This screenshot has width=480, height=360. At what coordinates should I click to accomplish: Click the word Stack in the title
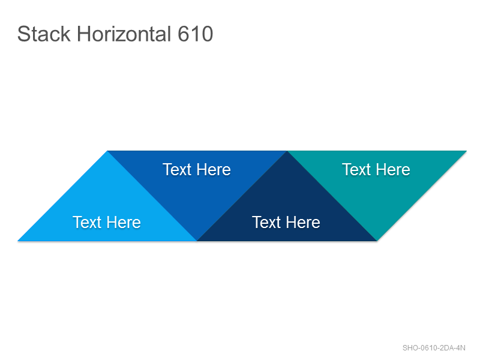pos(44,34)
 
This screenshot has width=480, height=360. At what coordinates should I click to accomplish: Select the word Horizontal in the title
pos(124,34)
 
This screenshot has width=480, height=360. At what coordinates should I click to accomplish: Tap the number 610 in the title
pos(196,34)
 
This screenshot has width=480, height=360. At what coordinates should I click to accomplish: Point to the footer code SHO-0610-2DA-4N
pos(434,348)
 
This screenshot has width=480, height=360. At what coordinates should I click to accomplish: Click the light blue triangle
pos(107,211)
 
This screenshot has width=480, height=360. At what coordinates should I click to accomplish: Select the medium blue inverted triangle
pos(197,181)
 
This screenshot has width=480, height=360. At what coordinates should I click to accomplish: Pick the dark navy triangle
pos(287,211)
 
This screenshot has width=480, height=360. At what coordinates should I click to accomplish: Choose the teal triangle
pos(377,181)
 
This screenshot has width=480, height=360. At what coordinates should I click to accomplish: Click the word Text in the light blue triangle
pos(87,222)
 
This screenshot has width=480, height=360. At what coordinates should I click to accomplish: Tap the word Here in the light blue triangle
pos(124,222)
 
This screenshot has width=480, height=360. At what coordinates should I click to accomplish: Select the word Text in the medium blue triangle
pos(177,170)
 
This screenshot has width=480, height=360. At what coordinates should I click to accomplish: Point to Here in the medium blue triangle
pos(214,170)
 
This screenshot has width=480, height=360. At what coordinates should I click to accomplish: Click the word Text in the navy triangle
pos(266,222)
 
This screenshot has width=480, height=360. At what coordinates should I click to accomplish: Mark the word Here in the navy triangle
pos(303,222)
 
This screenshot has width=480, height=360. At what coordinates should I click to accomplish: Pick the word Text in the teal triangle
pos(356,170)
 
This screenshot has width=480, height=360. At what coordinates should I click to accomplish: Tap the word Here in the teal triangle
pos(393,170)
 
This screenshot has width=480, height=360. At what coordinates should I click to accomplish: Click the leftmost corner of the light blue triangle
pos(18,241)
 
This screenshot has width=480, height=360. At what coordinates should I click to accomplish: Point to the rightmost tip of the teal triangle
pos(467,151)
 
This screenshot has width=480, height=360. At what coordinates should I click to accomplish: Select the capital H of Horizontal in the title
pos(84,34)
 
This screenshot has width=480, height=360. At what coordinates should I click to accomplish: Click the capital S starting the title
pos(24,34)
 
